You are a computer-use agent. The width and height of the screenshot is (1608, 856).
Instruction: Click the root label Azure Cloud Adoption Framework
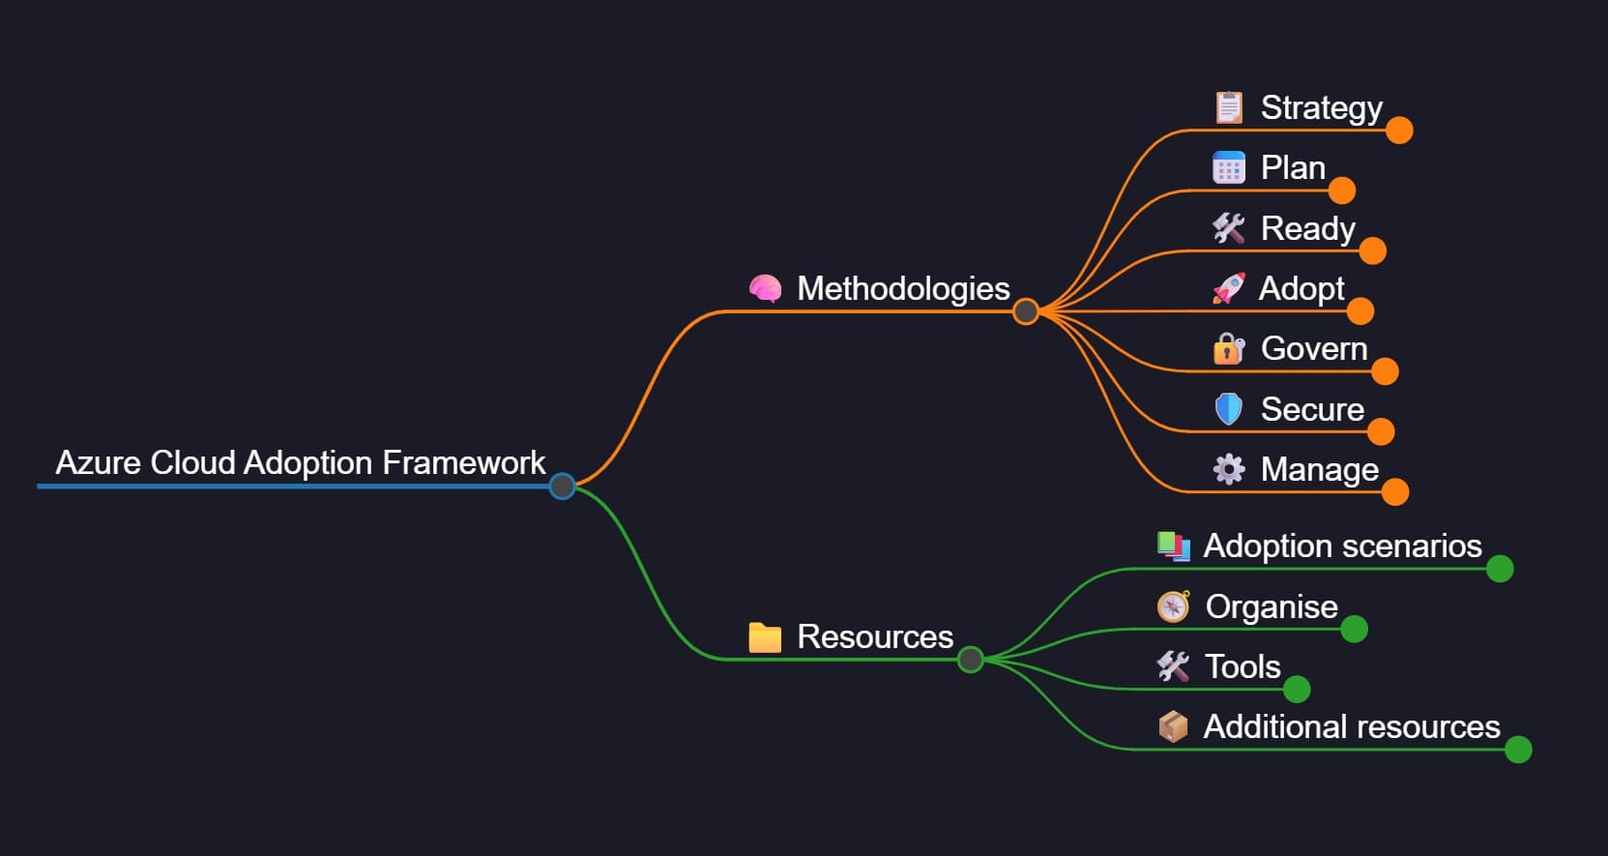click(300, 463)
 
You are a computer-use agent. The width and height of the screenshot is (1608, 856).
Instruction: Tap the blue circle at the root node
click(562, 487)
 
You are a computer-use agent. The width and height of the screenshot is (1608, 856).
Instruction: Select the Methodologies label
click(902, 289)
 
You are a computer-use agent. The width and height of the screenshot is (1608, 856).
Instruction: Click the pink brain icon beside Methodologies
click(765, 289)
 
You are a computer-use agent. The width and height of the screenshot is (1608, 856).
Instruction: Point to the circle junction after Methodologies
click(1026, 311)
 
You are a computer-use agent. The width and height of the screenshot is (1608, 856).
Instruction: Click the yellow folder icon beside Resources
click(765, 637)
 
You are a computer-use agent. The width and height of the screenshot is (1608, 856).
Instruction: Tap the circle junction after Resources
click(970, 660)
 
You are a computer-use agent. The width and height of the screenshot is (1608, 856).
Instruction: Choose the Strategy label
click(1321, 108)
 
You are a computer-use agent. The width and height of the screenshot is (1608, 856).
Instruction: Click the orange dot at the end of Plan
click(1341, 191)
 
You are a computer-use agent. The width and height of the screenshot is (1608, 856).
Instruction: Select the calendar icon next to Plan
click(1229, 168)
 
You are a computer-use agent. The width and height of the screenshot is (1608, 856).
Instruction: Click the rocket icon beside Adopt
click(1229, 288)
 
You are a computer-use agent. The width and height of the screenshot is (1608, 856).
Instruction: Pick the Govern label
click(1313, 349)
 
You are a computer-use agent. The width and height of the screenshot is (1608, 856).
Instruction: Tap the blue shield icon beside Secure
click(1229, 409)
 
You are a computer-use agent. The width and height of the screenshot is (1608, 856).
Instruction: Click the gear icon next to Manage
click(1229, 469)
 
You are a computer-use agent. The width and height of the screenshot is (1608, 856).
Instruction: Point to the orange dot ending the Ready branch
click(1372, 251)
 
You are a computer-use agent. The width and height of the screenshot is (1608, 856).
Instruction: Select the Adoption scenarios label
click(1342, 546)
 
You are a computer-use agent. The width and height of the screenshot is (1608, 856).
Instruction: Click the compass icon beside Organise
click(1173, 606)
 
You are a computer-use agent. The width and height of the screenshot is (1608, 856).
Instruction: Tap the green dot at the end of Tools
click(1297, 690)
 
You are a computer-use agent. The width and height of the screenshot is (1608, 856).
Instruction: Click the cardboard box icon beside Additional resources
click(1173, 726)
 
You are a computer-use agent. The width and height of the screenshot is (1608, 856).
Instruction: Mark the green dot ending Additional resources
click(1518, 750)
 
